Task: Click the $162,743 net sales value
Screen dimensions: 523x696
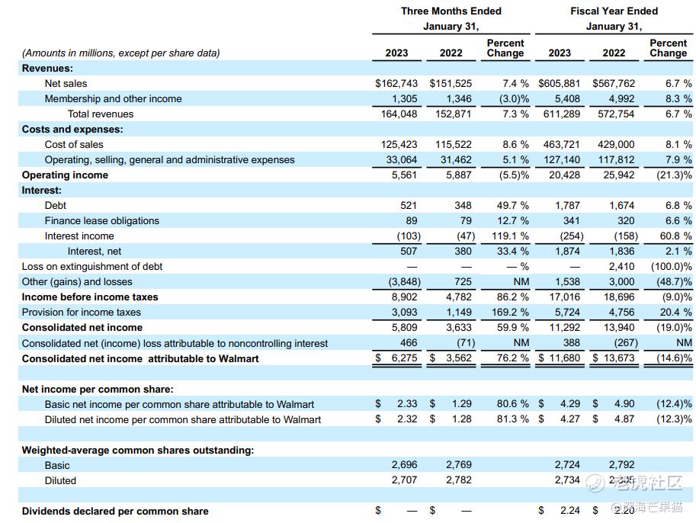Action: click(396, 83)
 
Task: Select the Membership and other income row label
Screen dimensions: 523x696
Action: click(113, 98)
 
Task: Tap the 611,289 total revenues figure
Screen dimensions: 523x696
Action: click(560, 114)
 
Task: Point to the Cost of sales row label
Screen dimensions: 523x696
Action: click(74, 144)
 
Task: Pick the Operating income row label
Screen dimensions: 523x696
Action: click(65, 175)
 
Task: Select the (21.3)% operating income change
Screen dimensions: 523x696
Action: click(674, 175)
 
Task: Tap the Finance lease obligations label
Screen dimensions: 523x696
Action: click(101, 220)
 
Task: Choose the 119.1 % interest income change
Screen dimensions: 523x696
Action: click(510, 236)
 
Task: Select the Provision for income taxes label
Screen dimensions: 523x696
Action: click(82, 312)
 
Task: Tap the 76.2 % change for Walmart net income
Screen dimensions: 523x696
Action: click(510, 358)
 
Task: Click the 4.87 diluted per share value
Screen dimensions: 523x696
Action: click(624, 419)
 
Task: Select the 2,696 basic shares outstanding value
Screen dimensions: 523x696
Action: click(405, 465)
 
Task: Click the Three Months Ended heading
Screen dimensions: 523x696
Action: click(451, 11)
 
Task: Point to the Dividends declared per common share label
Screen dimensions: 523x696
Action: click(115, 511)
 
